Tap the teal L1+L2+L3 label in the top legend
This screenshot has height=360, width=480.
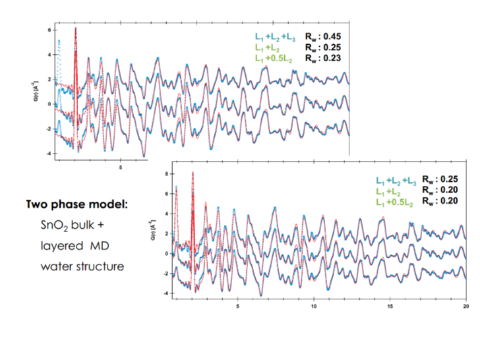[276, 36]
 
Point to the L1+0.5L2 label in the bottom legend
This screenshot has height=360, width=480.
[393, 201]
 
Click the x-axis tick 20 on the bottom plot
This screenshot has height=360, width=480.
[466, 306]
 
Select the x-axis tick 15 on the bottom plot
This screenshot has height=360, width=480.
[390, 306]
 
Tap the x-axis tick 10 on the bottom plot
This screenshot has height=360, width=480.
[314, 306]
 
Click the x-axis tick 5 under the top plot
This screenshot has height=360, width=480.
[121, 167]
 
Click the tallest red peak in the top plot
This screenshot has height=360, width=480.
[76, 28]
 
